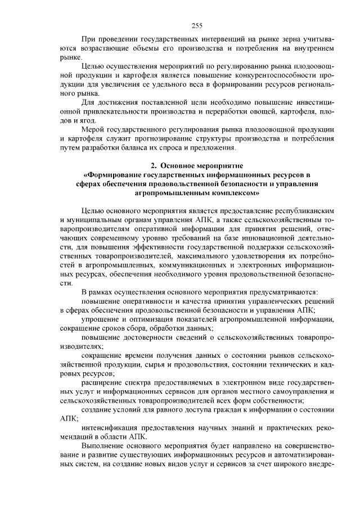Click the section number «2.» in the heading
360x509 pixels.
click(154, 166)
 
